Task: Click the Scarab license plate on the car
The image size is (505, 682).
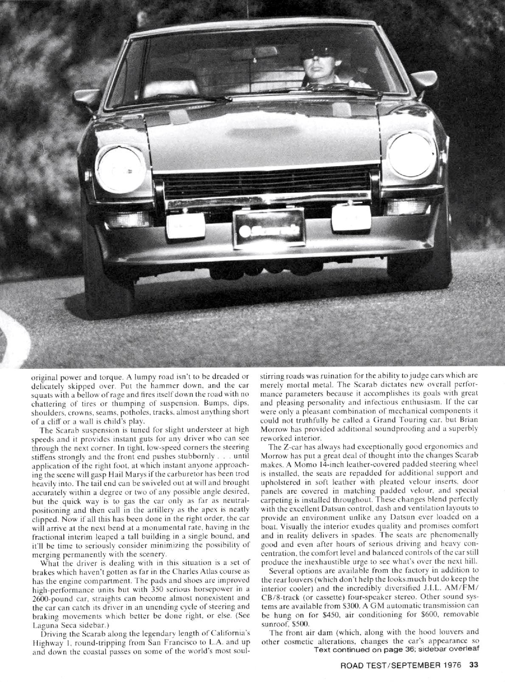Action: click(268, 230)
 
